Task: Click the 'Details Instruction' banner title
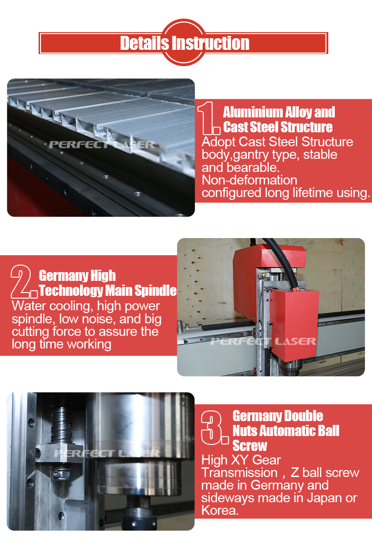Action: (185, 43)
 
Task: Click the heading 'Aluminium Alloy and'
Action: (279, 112)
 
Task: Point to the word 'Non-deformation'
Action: (249, 180)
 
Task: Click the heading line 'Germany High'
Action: (77, 276)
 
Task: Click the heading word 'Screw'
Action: (250, 445)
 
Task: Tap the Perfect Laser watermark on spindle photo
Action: (263, 341)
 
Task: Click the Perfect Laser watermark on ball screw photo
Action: (106, 453)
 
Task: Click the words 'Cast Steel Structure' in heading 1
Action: (278, 127)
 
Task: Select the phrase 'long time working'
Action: (61, 344)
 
